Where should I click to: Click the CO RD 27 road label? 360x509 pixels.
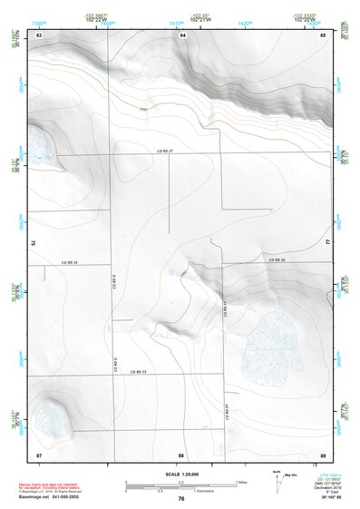164,151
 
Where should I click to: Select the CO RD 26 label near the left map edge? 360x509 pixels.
70,262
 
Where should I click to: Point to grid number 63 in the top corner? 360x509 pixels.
39,34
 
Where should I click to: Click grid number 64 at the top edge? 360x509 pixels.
182,34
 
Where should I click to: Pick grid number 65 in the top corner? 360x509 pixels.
323,34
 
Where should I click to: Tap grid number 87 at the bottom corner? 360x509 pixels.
39,453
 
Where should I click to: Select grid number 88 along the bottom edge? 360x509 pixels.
181,453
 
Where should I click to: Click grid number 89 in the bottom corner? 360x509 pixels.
323,453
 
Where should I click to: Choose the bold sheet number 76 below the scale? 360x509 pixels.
181,498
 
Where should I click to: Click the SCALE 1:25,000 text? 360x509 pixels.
181,475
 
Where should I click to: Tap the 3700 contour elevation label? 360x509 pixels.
143,111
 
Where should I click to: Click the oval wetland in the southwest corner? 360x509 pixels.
54,418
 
